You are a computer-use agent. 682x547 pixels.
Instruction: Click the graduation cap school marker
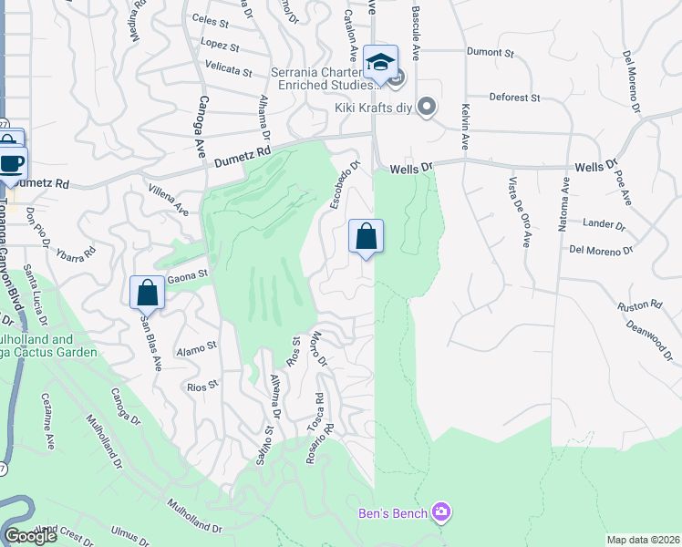pos(380,62)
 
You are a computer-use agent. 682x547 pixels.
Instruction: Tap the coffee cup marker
pos(12,164)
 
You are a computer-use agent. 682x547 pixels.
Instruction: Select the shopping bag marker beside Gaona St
pos(147,293)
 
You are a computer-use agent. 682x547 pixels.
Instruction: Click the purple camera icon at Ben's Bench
pos(441,513)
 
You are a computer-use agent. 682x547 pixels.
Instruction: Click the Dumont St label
pos(491,53)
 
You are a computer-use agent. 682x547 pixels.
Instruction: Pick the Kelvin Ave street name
pos(465,127)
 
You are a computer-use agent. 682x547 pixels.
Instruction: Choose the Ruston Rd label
pos(637,307)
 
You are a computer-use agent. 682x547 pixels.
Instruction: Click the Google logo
pos(30,536)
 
